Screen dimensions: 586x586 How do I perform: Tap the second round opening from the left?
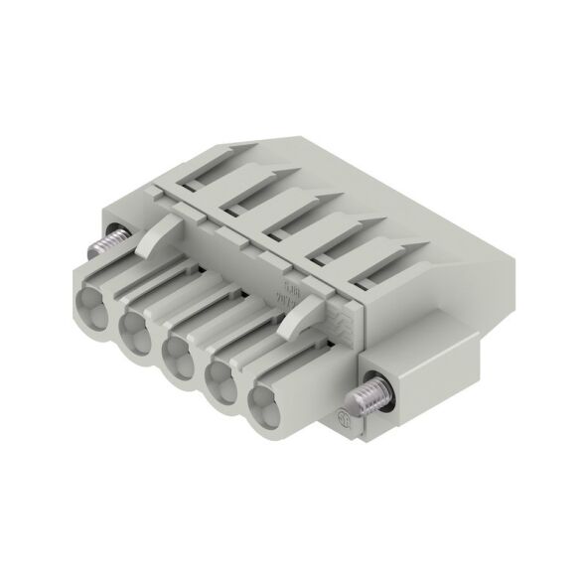136,325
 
